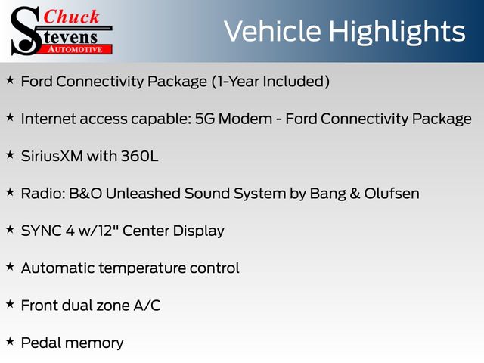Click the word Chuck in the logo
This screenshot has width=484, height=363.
click(x=71, y=17)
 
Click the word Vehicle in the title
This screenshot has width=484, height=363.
click(x=272, y=31)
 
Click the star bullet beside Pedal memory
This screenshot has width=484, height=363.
click(x=10, y=341)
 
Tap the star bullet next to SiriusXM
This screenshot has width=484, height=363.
click(x=10, y=154)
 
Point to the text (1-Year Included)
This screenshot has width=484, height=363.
click(x=271, y=82)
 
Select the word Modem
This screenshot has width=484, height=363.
click(x=245, y=119)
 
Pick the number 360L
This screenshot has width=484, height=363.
click(x=139, y=157)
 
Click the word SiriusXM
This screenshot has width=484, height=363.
click(x=52, y=157)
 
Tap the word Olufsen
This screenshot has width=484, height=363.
click(x=392, y=194)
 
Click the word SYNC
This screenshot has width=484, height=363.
click(x=42, y=231)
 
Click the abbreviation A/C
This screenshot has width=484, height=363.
click(x=147, y=306)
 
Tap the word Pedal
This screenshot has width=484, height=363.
click(x=41, y=343)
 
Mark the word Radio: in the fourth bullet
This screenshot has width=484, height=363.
click(x=43, y=194)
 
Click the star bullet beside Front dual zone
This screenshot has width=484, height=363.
click(x=10, y=304)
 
